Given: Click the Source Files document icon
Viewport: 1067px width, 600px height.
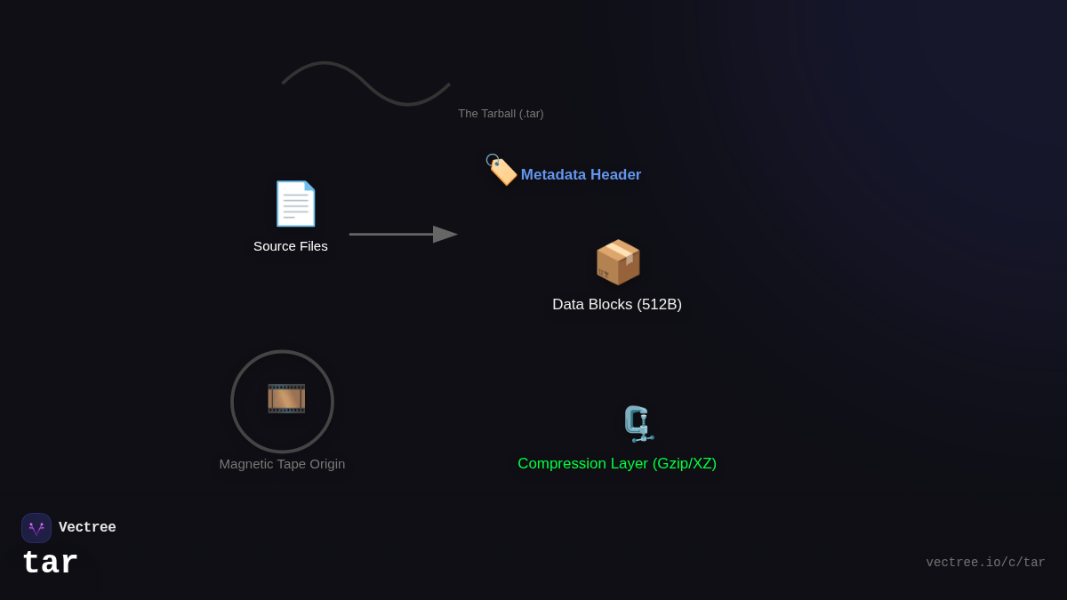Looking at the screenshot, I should (x=295, y=204).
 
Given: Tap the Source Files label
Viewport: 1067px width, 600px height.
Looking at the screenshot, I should (x=291, y=246).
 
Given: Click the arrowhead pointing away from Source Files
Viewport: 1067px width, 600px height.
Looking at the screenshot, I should (x=445, y=235).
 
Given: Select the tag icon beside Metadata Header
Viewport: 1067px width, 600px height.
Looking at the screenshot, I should (x=501, y=169).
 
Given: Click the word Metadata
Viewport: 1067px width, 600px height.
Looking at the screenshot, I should (x=553, y=175).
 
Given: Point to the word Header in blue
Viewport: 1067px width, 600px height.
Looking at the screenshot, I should (x=615, y=175).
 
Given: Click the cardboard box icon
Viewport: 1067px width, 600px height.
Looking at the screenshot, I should (x=617, y=262).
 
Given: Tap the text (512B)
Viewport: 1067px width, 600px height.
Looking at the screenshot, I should (x=659, y=305).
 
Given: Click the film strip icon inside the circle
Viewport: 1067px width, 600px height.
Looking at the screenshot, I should (x=286, y=398).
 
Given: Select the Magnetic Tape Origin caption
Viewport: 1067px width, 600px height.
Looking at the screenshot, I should (x=282, y=464).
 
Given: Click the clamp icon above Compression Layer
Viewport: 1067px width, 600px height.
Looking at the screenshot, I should (x=638, y=424).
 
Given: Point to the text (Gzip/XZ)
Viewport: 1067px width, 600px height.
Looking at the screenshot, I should (x=684, y=464).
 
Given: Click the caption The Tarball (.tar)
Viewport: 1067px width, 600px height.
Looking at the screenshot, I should (x=501, y=114).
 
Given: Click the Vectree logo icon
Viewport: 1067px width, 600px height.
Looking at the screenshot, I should (x=36, y=528).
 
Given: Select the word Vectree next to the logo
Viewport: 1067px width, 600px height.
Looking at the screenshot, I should (x=87, y=528).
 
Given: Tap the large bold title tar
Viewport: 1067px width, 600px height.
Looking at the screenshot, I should (x=51, y=564).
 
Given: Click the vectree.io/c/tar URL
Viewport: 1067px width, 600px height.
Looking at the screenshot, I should (x=985, y=563).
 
